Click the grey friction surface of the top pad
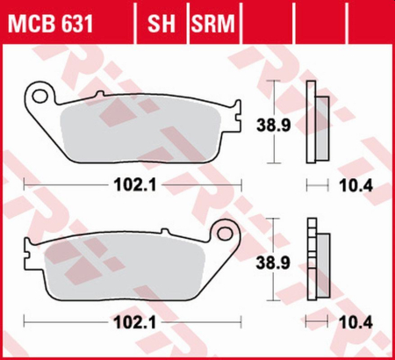[145, 127]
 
